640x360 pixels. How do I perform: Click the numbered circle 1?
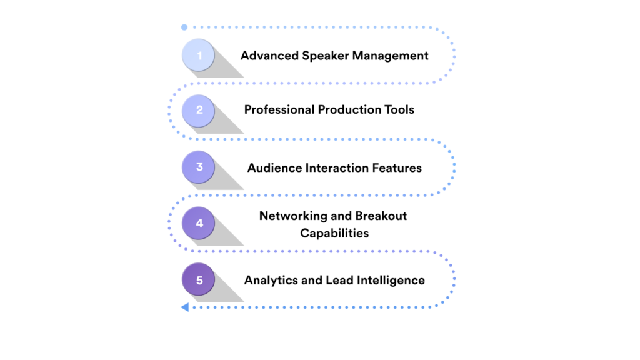199,56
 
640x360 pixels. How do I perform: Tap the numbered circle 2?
199,111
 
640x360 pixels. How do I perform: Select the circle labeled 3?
199,167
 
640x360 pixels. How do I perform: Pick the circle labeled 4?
199,223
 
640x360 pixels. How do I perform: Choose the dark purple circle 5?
199,279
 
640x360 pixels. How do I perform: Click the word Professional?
279,110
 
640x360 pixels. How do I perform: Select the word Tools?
399,110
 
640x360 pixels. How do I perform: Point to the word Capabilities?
334,233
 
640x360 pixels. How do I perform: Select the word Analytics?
271,280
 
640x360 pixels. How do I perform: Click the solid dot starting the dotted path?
184,27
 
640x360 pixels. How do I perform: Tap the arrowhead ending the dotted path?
184,307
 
